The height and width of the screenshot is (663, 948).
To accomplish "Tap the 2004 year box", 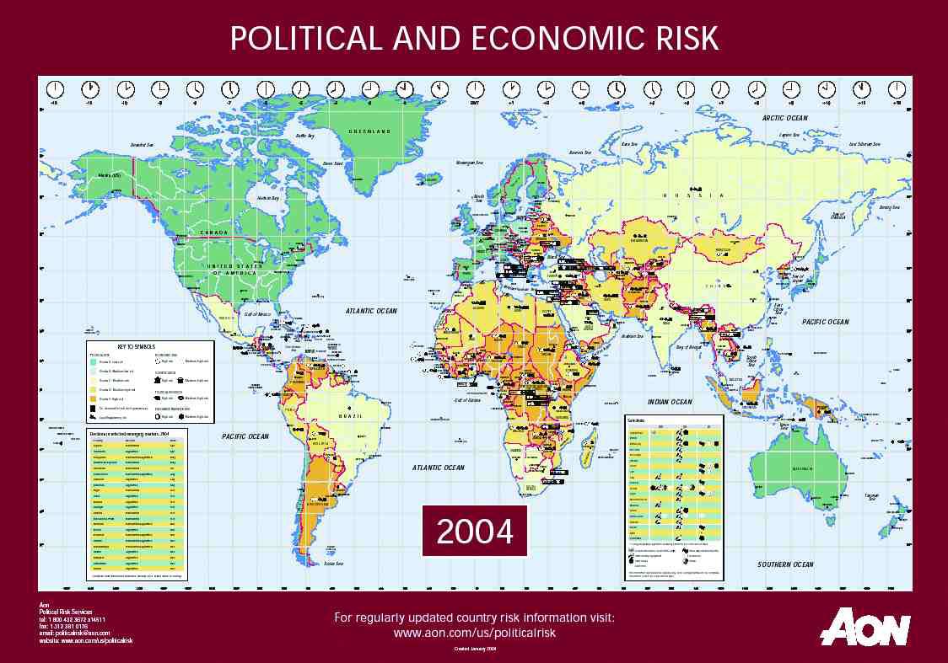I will tap(474, 532).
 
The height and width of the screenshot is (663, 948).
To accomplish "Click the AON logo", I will tap(865, 627).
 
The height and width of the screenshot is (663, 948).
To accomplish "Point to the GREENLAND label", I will tap(369, 132).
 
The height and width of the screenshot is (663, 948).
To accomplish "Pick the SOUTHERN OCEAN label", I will tap(785, 564).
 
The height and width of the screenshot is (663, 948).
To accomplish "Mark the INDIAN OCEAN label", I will tap(670, 403).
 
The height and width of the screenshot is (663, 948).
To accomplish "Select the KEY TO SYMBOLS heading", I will tap(136, 347).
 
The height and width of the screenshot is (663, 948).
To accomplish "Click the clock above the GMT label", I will tap(476, 88).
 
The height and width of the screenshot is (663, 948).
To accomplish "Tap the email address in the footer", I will tap(75, 633).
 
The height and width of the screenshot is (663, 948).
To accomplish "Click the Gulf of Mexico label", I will tap(261, 313).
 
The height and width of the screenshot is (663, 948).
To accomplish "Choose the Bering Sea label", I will tap(890, 206).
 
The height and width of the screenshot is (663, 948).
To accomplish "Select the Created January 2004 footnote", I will tap(475, 649).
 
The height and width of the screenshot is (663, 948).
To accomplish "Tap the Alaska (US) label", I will tap(110, 175).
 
